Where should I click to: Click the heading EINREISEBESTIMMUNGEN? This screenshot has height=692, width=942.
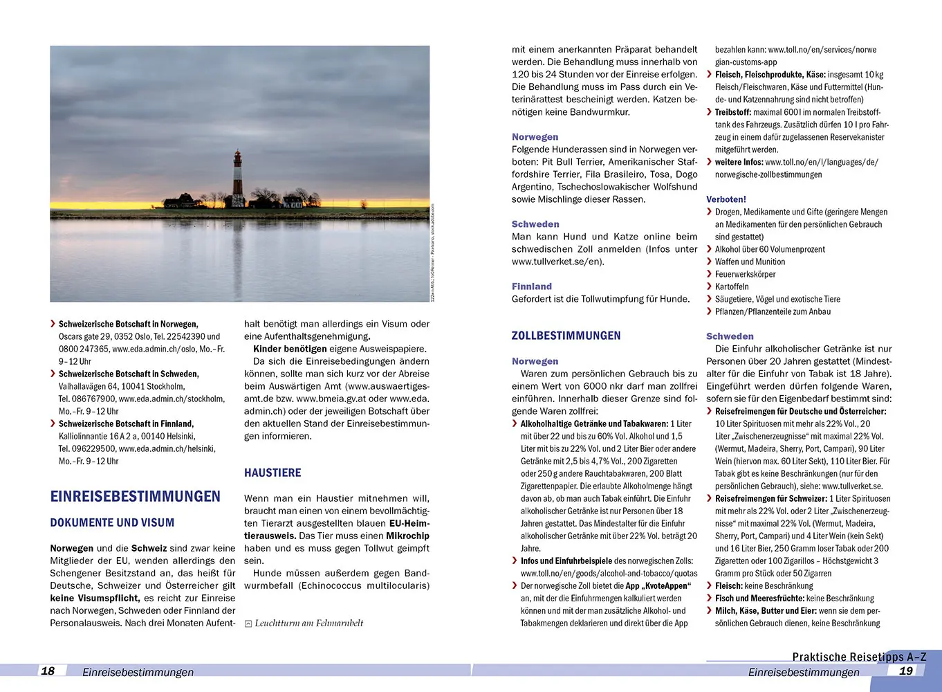click(x=135, y=496)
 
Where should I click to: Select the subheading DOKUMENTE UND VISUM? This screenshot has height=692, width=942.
click(x=112, y=522)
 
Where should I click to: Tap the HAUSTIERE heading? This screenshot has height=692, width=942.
click(x=273, y=473)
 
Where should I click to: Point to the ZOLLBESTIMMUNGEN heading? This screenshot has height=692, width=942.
click(x=566, y=336)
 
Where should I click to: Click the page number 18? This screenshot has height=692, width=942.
click(x=48, y=671)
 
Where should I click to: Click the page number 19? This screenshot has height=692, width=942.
click(x=906, y=671)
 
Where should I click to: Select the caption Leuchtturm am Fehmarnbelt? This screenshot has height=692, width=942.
click(x=308, y=623)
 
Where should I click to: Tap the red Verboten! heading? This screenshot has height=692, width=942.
click(x=726, y=199)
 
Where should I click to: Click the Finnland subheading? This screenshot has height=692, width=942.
click(x=532, y=286)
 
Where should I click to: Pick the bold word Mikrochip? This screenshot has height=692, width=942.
click(x=407, y=536)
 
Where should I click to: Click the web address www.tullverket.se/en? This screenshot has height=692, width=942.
click(x=556, y=262)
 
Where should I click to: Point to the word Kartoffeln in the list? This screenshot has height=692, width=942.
click(x=732, y=286)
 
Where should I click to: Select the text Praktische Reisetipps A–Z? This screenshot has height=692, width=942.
click(x=859, y=657)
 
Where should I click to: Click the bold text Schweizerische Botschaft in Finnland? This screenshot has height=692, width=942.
click(x=126, y=424)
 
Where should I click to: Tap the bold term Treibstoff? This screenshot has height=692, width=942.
click(x=732, y=112)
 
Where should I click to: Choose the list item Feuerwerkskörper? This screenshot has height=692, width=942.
click(x=745, y=274)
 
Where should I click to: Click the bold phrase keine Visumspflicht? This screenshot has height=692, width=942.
click(x=94, y=598)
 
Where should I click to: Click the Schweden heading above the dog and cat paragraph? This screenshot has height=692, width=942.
click(x=535, y=224)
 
